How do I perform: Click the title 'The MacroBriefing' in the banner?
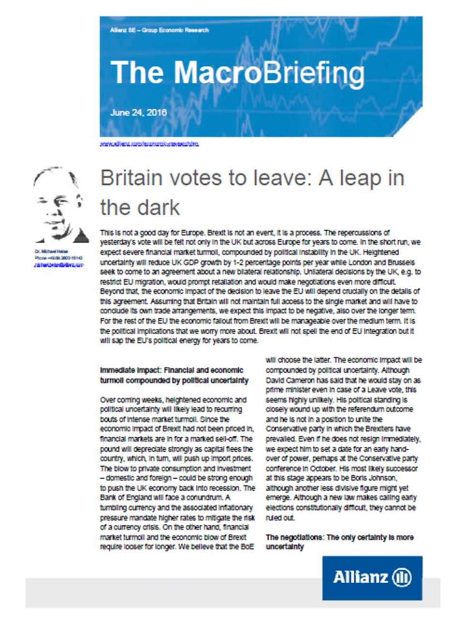(x=237, y=73)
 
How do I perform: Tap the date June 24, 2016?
(x=138, y=113)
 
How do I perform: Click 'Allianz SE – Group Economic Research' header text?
(x=159, y=30)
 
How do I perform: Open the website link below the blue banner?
(x=149, y=144)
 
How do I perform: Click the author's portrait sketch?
(x=60, y=205)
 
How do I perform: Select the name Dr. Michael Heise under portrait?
(x=51, y=252)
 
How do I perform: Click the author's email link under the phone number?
(x=58, y=265)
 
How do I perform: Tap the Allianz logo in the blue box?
(x=372, y=577)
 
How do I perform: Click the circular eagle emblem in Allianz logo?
(x=402, y=577)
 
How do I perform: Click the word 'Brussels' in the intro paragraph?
(x=404, y=262)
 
